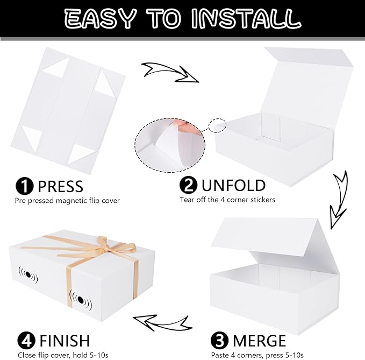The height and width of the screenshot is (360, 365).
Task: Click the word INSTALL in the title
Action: coord(246,19)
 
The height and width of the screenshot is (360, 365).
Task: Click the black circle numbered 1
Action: coord(24,186)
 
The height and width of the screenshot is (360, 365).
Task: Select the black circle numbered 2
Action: coord(188,185)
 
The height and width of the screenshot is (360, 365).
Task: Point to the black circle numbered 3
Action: coord(219,340)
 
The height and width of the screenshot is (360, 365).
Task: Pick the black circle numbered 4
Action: coord(26,340)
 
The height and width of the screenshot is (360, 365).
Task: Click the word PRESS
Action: coord(60,186)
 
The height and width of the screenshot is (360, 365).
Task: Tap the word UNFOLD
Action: coord(233,186)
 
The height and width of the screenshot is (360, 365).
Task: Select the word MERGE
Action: coord(259,341)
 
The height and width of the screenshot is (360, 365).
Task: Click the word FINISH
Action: coord(65,341)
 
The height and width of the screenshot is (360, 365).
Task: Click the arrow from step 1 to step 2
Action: coord(170,73)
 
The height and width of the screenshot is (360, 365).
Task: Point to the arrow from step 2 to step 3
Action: coord(339,200)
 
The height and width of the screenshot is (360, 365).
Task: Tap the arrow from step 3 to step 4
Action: coord(162,323)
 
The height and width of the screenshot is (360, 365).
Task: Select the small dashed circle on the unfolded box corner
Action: coord(217,125)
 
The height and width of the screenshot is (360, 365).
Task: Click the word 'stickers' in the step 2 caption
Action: coord(263,200)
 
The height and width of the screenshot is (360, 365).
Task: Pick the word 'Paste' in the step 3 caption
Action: coord(220,355)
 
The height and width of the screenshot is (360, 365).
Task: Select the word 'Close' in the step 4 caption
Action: coord(26,355)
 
